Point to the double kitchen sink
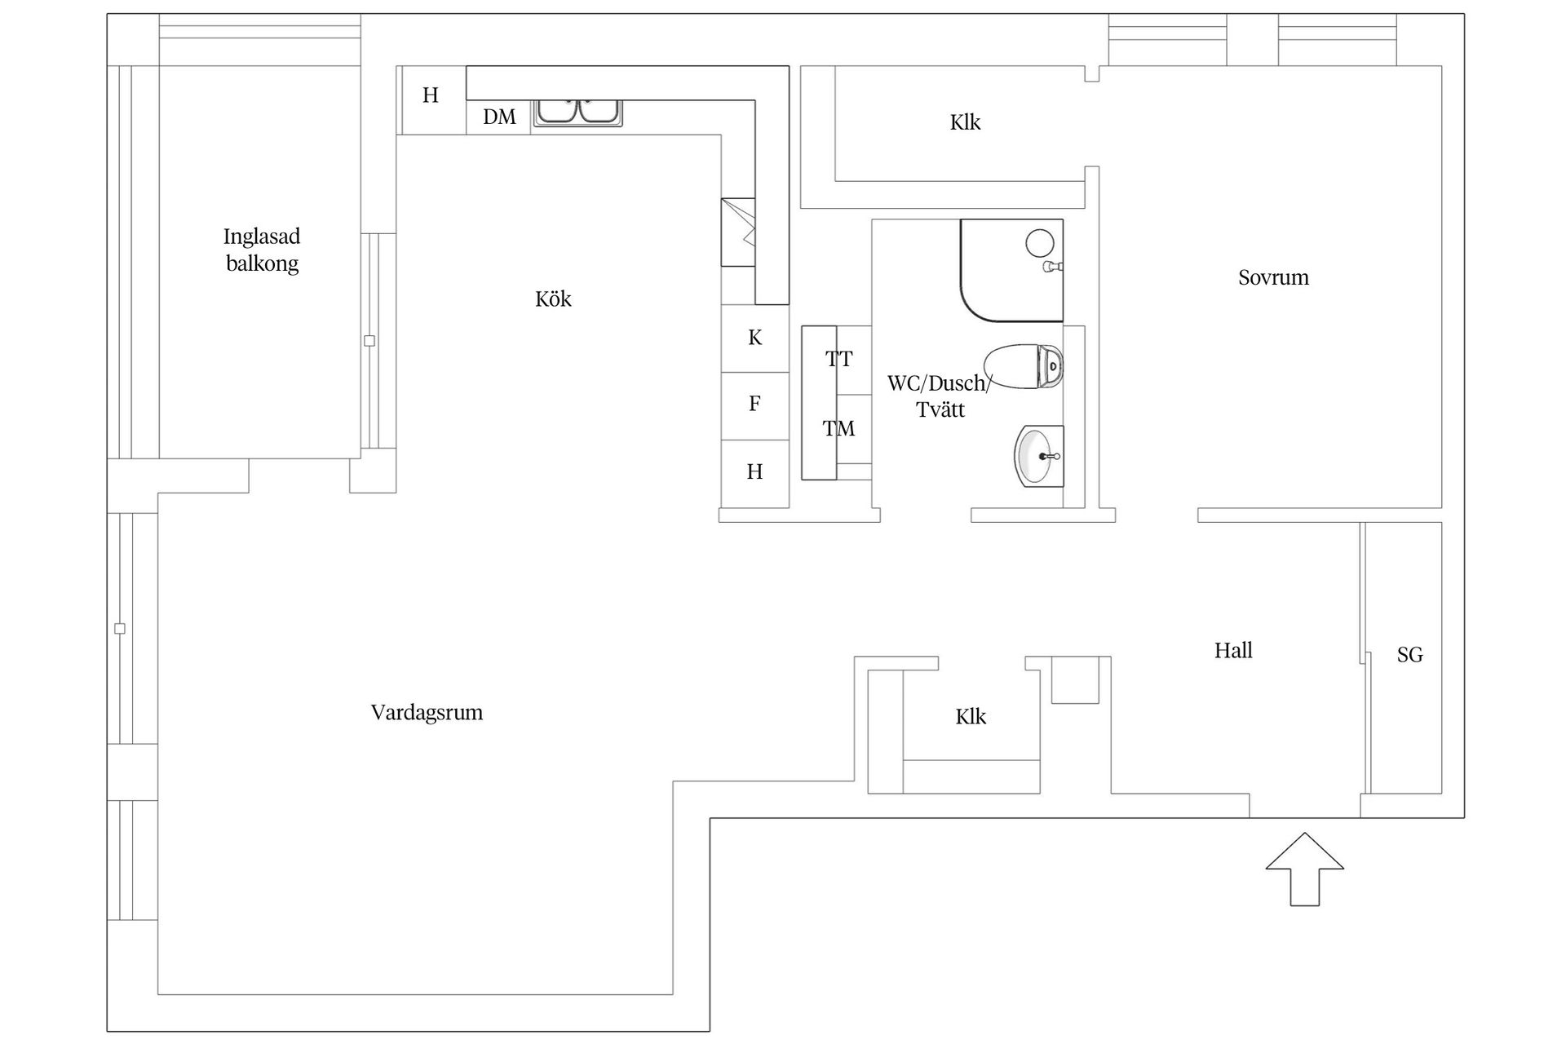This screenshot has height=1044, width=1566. tap(577, 112)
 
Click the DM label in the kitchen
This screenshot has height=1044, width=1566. tap(499, 117)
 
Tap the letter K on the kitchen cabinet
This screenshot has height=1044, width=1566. tap(755, 338)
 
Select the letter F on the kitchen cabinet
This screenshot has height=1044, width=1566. tap(754, 404)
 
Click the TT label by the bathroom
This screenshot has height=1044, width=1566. tap(838, 359)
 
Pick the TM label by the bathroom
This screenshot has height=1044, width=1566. tap(838, 429)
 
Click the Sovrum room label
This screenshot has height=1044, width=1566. tap(1273, 278)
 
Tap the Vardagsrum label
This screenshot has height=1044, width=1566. tap(427, 713)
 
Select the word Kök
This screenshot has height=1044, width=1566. tap(553, 299)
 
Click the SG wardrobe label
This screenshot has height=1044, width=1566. tap(1409, 655)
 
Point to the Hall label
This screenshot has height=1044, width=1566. tap(1232, 651)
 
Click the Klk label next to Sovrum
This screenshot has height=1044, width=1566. tap(965, 123)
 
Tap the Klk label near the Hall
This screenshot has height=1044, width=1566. tap(971, 717)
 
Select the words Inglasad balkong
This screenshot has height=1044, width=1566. tap(262, 250)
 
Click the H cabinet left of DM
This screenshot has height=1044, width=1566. tap(431, 96)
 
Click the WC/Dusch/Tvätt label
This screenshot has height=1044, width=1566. tap(940, 396)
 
